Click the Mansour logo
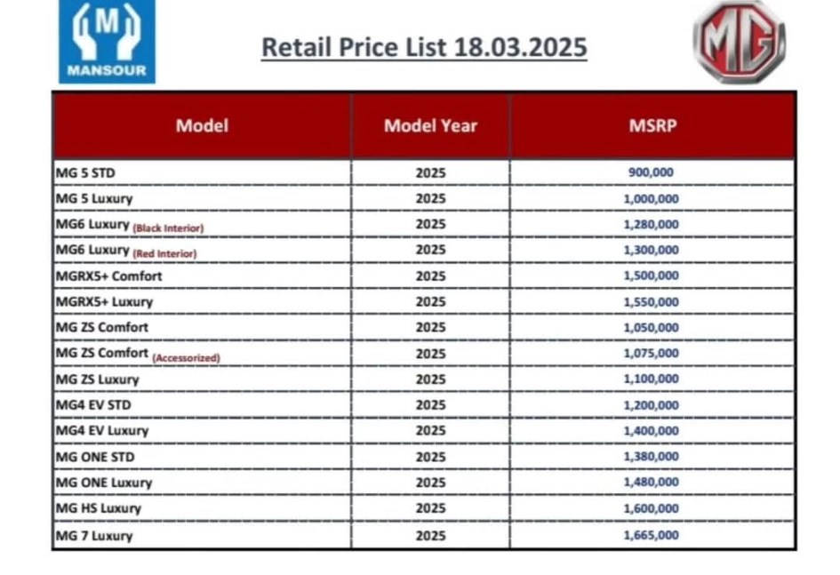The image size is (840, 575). click(107, 42)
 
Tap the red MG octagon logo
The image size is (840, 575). click(739, 43)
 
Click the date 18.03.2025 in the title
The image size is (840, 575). click(520, 47)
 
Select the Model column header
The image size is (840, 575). click(202, 125)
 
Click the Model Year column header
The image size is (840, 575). click(430, 125)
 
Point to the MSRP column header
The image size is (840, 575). click(652, 125)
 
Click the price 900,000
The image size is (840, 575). click(652, 173)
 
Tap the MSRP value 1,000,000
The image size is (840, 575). click(652, 199)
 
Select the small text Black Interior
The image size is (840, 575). click(168, 228)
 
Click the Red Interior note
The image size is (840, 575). click(164, 254)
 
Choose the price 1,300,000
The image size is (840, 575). click(652, 251)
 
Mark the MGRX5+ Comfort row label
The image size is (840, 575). click(108, 276)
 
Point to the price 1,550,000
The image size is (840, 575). click(652, 302)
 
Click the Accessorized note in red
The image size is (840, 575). click(186, 358)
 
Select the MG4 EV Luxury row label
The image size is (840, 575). click(101, 431)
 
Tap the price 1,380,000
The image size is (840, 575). click(652, 457)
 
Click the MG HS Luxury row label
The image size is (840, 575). click(98, 508)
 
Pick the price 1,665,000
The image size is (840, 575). click(652, 535)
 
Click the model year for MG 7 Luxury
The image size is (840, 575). click(430, 535)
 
